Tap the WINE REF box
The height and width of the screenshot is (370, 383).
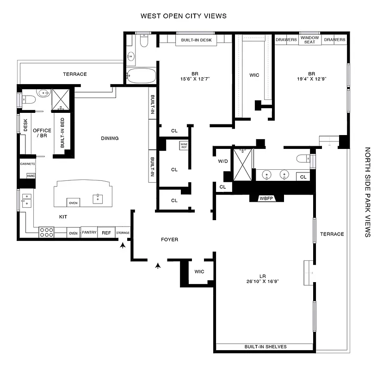184,146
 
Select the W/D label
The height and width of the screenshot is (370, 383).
223,162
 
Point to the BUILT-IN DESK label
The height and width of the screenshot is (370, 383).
196,41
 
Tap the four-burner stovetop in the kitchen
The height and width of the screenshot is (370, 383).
47,232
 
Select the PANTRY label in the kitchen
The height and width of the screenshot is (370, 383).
89,233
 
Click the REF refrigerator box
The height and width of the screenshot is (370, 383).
106,233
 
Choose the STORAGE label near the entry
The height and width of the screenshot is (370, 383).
123,233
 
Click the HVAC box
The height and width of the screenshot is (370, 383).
31,175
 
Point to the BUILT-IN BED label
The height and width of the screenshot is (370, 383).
62,132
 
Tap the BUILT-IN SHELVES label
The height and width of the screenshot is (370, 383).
266,347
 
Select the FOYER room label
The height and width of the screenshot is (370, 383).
169,240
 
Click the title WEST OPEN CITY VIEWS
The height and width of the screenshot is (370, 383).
184,16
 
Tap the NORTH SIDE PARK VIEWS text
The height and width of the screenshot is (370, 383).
368,192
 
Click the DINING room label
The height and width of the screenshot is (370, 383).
110,138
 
